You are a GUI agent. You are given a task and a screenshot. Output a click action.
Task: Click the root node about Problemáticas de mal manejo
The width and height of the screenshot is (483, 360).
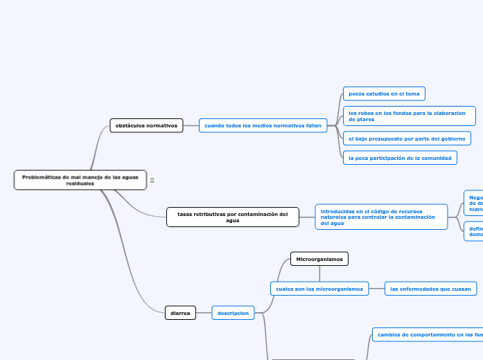(x=80, y=180)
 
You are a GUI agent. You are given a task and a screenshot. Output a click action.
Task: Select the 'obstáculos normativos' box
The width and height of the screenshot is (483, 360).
(x=146, y=125)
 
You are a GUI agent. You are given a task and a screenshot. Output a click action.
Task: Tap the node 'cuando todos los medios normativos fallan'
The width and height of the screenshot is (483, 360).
(x=263, y=125)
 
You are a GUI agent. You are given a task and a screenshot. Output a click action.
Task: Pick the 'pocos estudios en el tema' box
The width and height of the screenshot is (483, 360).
(x=383, y=93)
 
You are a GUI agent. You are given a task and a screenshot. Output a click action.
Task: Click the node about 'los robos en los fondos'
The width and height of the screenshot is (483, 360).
(x=409, y=115)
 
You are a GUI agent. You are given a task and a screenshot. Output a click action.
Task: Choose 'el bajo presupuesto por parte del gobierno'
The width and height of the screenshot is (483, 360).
(x=407, y=138)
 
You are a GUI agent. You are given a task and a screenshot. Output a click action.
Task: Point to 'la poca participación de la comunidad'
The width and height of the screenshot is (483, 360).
(x=400, y=158)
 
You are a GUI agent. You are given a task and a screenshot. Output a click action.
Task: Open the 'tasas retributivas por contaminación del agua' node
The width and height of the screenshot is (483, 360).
(x=233, y=217)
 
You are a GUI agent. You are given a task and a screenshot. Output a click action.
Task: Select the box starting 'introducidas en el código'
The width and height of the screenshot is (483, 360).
(x=381, y=217)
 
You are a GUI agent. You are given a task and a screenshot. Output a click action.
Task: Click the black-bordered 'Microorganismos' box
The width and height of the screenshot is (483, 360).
(x=319, y=259)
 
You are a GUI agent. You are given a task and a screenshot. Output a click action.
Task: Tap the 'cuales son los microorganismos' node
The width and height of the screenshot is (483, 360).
(x=319, y=289)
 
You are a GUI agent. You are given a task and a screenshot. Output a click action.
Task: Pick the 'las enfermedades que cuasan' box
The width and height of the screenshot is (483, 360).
(x=430, y=289)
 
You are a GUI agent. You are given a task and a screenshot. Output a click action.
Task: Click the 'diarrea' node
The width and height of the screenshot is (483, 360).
(x=180, y=313)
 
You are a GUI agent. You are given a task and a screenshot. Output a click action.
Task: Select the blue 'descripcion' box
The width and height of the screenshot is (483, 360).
(x=233, y=313)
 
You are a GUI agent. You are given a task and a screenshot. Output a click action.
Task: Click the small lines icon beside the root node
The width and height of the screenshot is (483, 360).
(x=152, y=180)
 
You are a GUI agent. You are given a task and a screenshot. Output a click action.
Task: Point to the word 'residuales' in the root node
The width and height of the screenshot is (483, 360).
(x=80, y=183)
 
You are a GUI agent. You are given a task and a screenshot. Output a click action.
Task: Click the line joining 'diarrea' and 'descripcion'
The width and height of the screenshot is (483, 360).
(x=203, y=313)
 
